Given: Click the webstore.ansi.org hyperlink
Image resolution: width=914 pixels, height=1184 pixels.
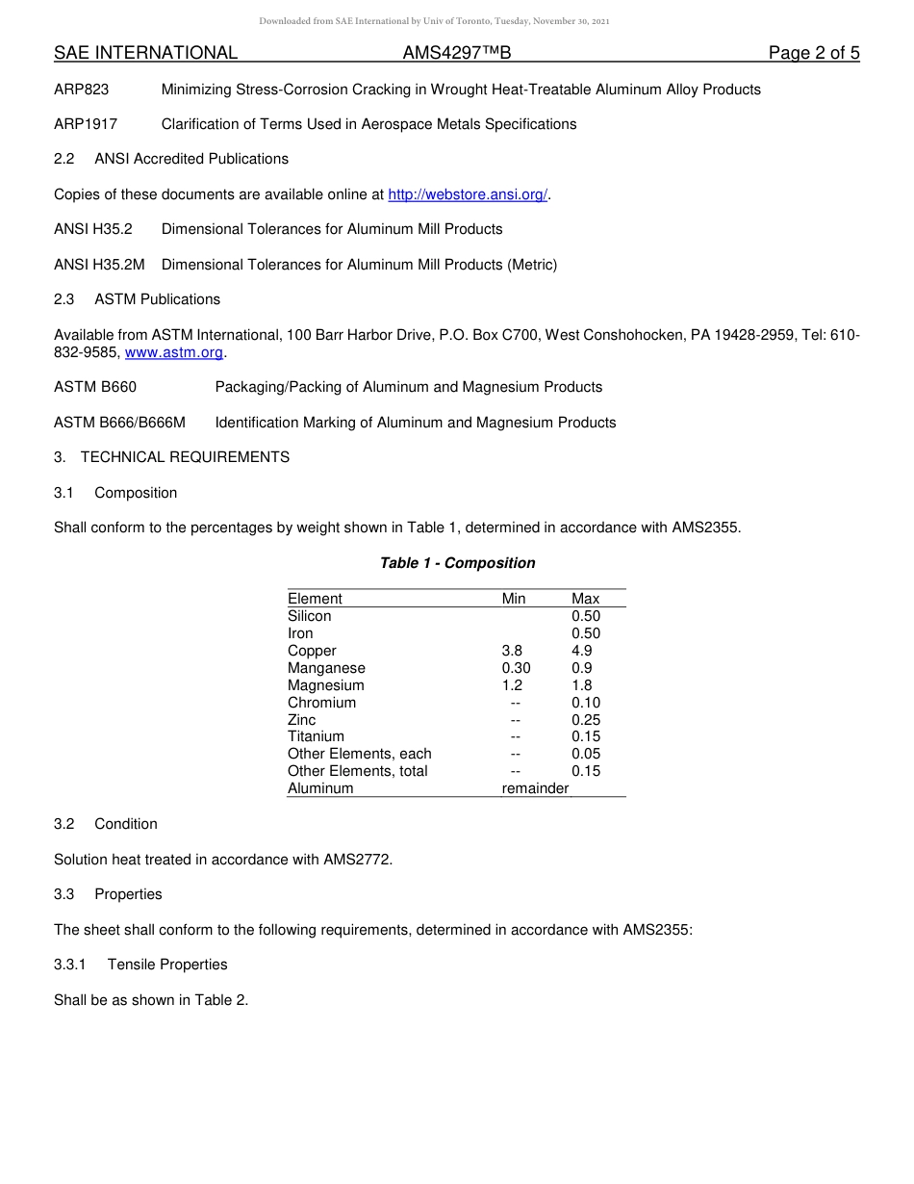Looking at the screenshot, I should [x=468, y=194].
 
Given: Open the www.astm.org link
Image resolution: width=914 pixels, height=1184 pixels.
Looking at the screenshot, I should [x=174, y=352].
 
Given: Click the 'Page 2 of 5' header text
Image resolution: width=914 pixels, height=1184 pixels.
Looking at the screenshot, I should [x=813, y=53].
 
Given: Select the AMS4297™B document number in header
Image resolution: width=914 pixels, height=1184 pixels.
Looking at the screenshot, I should [x=449, y=53].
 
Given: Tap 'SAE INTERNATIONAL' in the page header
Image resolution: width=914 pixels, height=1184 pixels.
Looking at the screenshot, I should [x=145, y=53].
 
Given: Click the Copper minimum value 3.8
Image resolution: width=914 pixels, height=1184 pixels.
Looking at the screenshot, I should [x=512, y=651].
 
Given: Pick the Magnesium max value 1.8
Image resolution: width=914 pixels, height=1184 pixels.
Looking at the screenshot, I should [x=581, y=685].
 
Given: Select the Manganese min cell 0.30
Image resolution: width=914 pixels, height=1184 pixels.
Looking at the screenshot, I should [x=516, y=668].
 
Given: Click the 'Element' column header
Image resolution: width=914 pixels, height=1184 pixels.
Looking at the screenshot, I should [x=315, y=599].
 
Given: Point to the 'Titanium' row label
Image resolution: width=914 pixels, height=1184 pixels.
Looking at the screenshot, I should [x=316, y=736].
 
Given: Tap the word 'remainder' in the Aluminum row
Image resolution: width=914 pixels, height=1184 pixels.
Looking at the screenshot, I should [x=535, y=788].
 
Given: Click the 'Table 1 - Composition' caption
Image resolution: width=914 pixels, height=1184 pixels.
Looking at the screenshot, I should [x=457, y=563].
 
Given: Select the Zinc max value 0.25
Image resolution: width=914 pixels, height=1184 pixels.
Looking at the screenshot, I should [x=585, y=720].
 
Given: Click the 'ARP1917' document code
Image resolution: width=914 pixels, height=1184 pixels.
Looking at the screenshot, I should [x=86, y=124].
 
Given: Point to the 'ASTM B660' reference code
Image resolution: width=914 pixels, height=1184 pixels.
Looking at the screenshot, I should [x=95, y=387].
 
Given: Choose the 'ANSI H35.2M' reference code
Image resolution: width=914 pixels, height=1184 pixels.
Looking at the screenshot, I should [x=99, y=265].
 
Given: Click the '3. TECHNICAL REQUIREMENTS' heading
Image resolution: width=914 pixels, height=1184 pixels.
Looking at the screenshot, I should [x=171, y=457].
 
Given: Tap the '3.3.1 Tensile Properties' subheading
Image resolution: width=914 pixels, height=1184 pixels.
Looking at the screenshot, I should [x=140, y=965].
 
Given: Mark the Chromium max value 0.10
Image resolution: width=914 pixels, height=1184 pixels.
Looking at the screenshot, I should [x=585, y=703].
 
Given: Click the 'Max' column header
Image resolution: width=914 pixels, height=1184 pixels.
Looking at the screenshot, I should [x=585, y=599].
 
